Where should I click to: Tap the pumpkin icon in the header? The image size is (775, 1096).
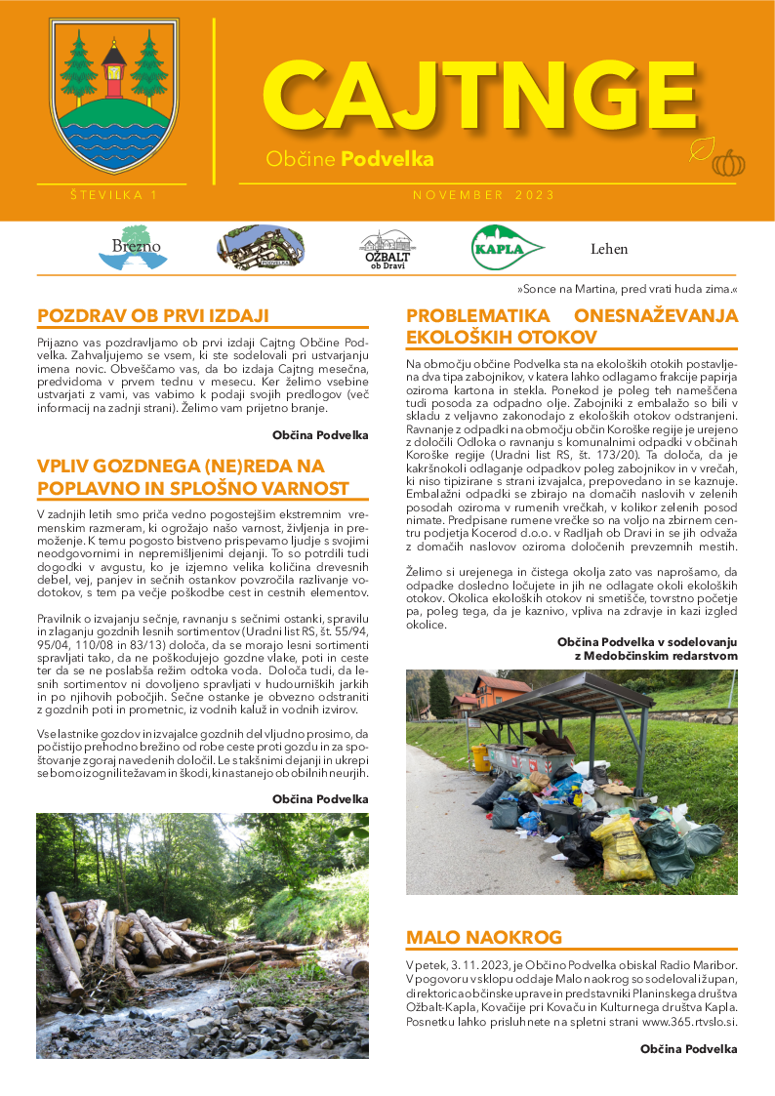(x=728, y=162)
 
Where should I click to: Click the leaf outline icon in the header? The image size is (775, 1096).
(x=700, y=150)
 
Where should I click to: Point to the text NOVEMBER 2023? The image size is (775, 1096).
(x=484, y=195)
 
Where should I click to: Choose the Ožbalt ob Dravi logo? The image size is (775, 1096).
(x=387, y=248)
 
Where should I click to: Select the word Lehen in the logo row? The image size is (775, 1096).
(x=609, y=249)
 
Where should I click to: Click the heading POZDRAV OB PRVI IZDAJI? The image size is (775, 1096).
(x=152, y=315)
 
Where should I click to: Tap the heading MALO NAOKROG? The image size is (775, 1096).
(x=484, y=937)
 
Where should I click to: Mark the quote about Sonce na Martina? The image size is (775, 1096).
(x=627, y=290)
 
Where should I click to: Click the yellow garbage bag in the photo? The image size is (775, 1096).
(x=622, y=843)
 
